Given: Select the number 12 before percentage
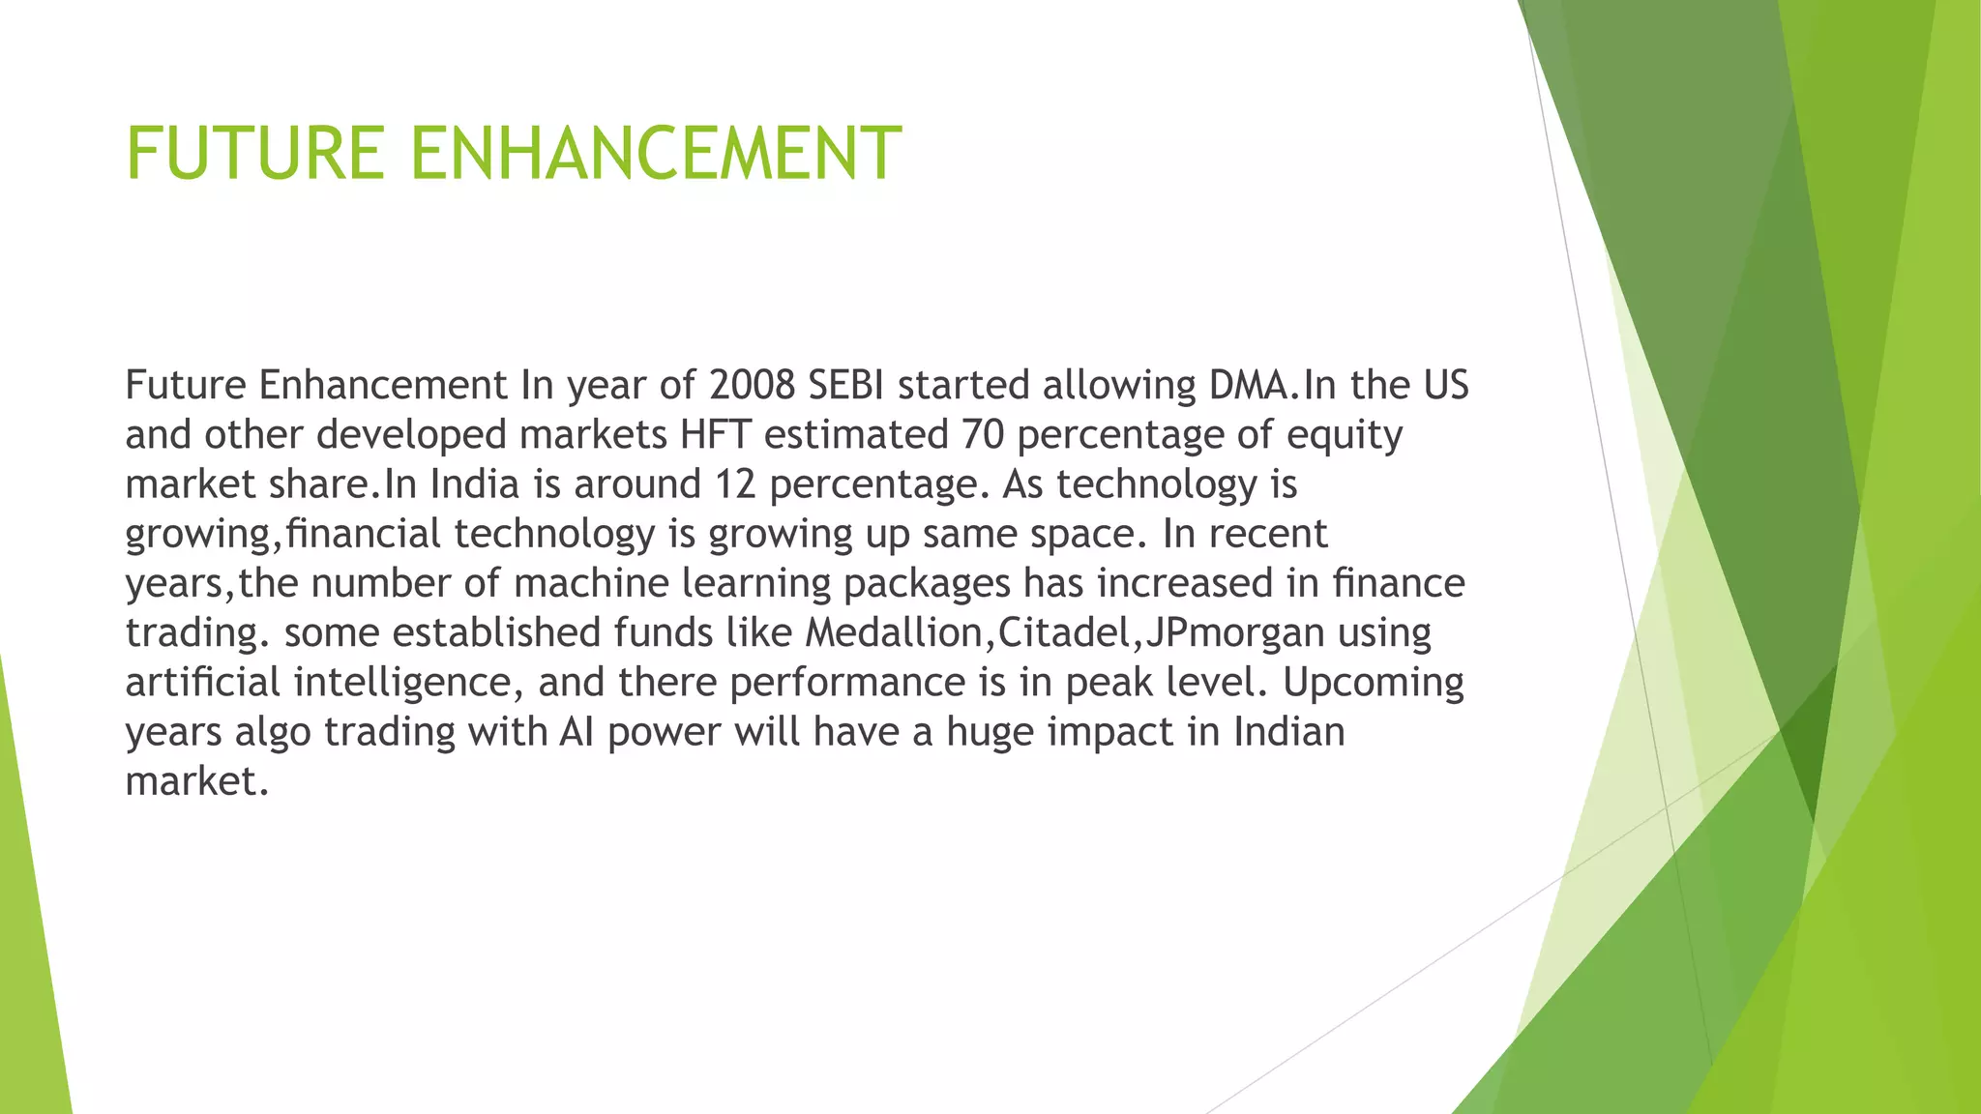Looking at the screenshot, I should tap(734, 484).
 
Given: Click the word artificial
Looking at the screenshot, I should tap(203, 683).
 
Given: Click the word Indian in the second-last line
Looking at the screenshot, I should tap(1288, 732).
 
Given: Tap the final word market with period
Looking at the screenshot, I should tap(196, 781).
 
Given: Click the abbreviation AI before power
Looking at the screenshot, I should tap(577, 732).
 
